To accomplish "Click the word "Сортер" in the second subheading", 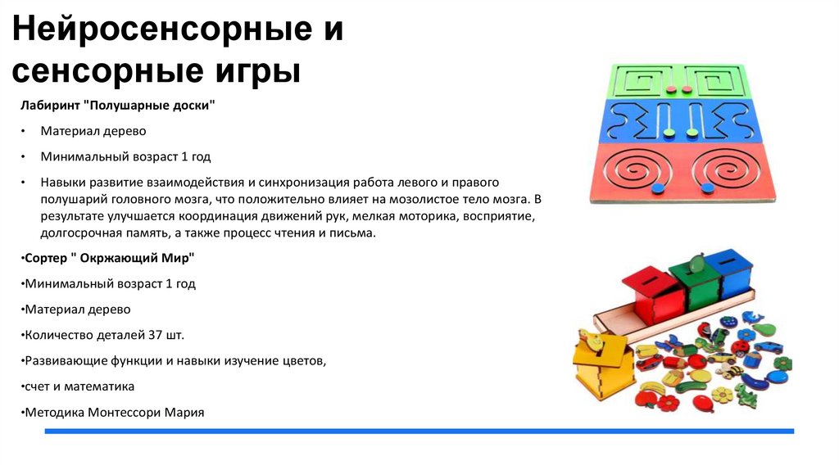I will coord(48,259).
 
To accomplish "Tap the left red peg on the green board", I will coord(669,88).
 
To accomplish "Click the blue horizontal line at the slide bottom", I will coord(418,431).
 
